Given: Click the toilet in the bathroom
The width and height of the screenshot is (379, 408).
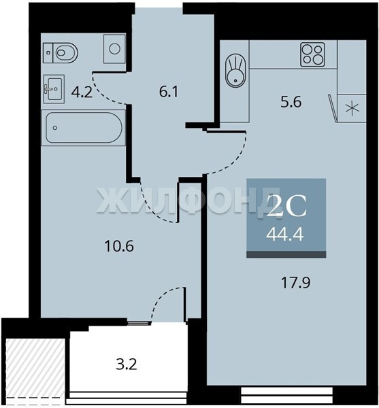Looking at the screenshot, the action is (x=61, y=53).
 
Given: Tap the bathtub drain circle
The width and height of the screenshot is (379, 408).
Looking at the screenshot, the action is (x=55, y=128).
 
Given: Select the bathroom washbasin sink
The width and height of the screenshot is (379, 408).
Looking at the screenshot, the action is (x=54, y=89).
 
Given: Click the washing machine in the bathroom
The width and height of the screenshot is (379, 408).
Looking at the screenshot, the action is (x=114, y=49).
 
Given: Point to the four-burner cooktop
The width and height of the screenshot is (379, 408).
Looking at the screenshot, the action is (x=313, y=54).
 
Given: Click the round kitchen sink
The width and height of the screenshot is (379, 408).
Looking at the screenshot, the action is (x=235, y=70).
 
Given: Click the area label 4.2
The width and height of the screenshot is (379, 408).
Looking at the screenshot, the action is (x=82, y=92).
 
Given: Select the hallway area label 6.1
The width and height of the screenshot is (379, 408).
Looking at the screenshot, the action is (x=169, y=92).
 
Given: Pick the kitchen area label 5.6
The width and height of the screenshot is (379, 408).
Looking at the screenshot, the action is (x=291, y=102).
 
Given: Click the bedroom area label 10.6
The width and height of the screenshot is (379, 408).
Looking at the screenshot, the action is (x=119, y=246).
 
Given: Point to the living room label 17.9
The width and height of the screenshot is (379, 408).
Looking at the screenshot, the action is (x=296, y=283).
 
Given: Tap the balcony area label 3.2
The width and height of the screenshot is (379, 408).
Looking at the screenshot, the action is (x=127, y=364).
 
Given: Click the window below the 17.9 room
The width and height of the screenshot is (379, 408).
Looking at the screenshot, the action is (x=287, y=395).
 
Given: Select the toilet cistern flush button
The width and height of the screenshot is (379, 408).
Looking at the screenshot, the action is (x=48, y=52).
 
